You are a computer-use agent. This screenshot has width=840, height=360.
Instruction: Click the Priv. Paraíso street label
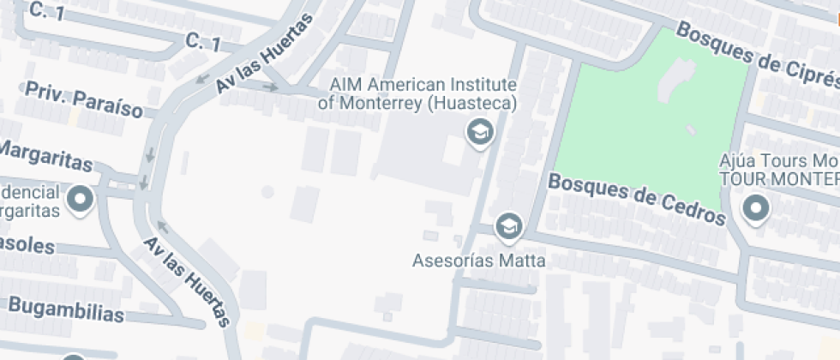84,99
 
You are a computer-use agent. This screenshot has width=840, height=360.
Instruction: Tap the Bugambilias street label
66,309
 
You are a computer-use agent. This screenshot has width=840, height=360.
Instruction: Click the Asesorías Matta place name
478,261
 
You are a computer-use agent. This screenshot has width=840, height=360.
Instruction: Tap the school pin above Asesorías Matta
510,226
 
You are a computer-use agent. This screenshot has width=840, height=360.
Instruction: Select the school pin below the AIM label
479,133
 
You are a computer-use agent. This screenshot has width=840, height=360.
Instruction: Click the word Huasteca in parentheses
473,104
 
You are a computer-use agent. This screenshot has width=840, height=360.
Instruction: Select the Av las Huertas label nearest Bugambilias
187,282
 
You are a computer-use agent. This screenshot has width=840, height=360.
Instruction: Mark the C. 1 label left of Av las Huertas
203,42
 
